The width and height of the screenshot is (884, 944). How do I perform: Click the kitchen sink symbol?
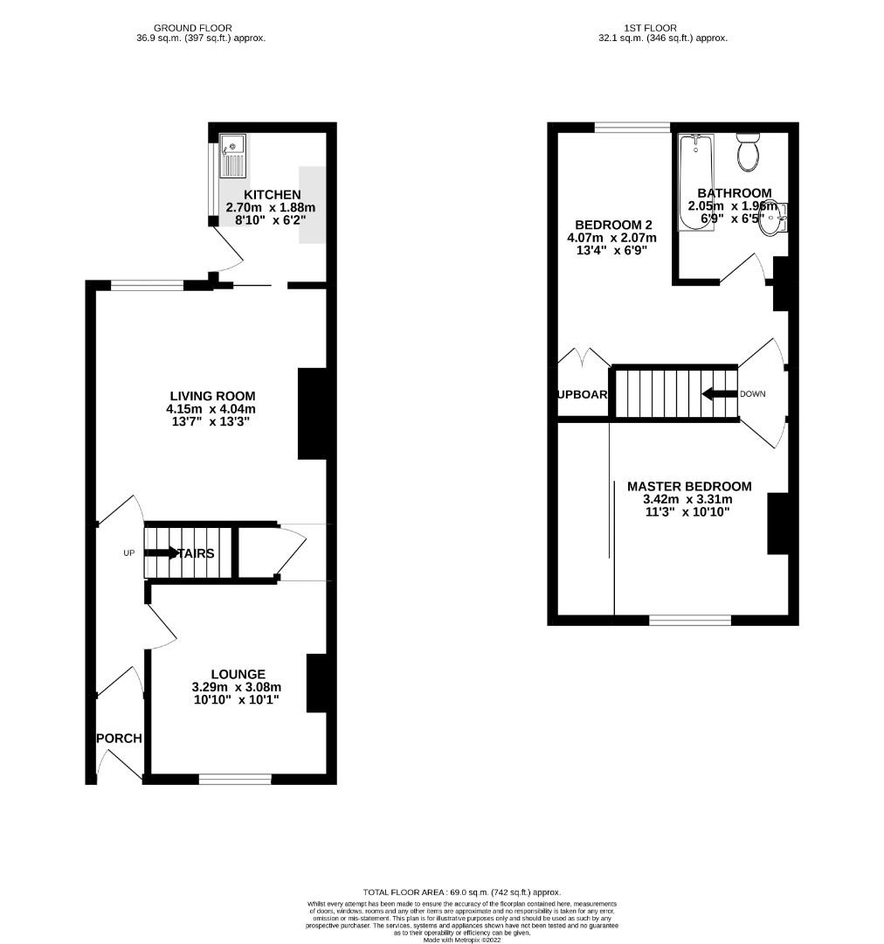click(233, 156)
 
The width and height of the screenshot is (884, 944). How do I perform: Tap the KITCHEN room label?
click(272, 194)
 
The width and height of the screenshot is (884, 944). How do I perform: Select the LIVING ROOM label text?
click(210, 396)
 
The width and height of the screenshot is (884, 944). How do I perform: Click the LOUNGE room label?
click(238, 674)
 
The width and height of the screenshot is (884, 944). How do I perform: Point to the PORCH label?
click(119, 738)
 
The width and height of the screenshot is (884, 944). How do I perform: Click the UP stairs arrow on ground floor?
click(161, 552)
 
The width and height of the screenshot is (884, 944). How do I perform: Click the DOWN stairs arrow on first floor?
click(720, 394)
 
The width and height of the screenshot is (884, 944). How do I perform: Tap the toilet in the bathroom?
click(748, 153)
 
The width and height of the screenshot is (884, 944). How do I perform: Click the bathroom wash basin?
click(771, 220)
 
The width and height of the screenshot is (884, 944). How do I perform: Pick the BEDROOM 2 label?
click(611, 224)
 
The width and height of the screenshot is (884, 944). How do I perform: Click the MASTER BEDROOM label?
click(688, 486)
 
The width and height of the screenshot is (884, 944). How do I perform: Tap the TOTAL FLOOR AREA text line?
click(462, 891)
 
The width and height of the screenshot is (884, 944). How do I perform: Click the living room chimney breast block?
click(312, 413)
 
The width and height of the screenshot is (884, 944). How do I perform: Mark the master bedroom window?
click(689, 620)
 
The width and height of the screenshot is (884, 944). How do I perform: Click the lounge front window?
click(234, 779)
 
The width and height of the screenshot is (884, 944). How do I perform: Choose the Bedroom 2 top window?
click(632, 128)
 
